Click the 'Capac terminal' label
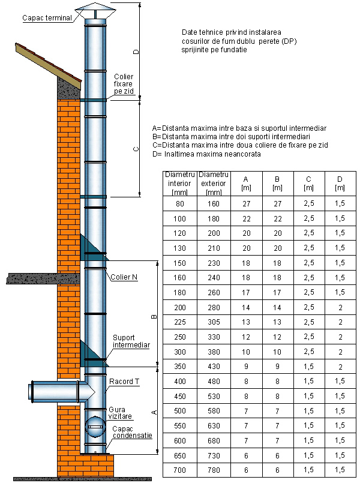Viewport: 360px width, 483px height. pos(47,17)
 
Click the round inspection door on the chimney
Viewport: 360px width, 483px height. pos(95,428)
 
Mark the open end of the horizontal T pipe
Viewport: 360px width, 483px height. pos(31,392)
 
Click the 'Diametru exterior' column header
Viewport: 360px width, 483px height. pos(213,183)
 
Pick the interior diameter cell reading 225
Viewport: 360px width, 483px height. pos(179,322)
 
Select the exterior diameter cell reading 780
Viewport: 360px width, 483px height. pos(213,470)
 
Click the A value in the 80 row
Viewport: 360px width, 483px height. pos(245,203)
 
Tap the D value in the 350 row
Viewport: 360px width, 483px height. pos(340,367)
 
